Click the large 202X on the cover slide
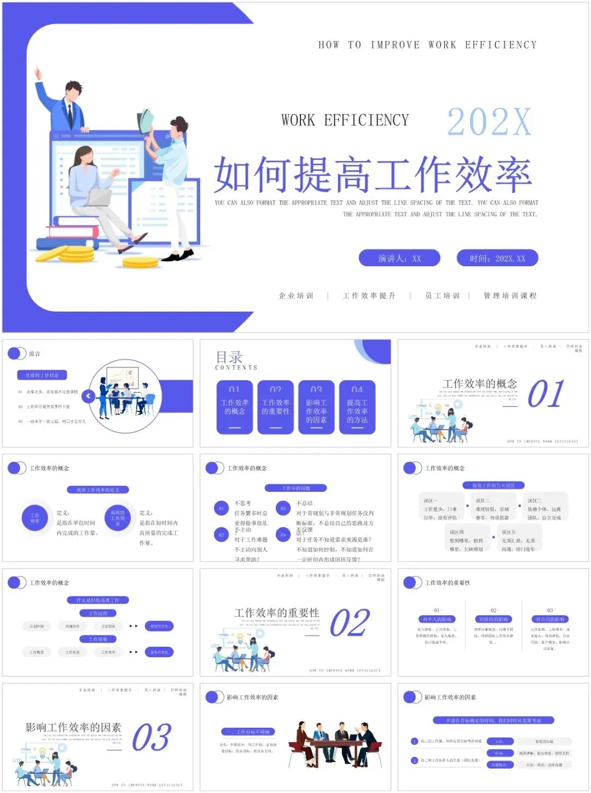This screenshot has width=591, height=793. pos(489,122)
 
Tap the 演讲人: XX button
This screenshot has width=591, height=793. pos(399,258)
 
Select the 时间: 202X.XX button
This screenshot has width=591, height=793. pos(497,258)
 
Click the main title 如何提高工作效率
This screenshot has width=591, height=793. pos(373,175)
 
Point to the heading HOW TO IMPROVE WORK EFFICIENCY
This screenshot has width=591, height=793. pos(427,45)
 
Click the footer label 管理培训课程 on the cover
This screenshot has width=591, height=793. pos(509,296)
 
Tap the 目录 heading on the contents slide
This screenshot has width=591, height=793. pos(229,357)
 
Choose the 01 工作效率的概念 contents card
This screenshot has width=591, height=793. pos(235,407)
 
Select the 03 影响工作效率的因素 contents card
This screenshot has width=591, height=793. pos(316,407)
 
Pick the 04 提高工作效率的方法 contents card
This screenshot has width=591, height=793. pos(357,407)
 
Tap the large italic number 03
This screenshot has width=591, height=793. pos(152,738)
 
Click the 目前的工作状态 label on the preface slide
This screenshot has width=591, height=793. pos(42,375)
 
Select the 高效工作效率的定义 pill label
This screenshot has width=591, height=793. pos(97,490)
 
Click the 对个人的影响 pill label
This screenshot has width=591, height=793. pos(437,619)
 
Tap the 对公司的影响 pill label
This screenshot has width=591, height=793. pos(550,619)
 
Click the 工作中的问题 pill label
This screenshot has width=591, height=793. pos(296,488)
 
